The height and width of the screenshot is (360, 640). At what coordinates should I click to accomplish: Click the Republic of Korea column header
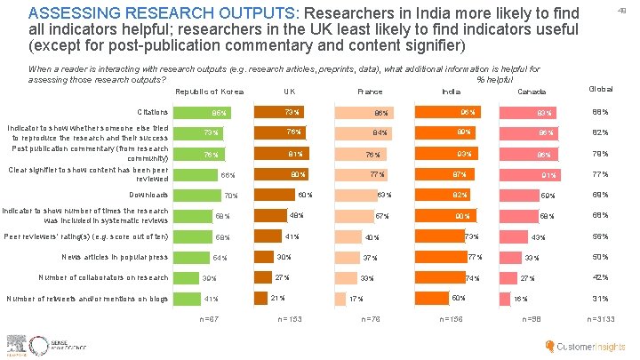pos(210,92)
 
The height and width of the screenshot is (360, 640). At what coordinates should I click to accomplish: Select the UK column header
pos(289,92)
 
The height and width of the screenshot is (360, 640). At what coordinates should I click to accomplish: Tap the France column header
pos(369,92)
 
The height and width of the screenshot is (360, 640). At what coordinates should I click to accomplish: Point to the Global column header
pos(600,89)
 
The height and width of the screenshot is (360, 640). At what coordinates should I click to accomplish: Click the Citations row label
pos(153,112)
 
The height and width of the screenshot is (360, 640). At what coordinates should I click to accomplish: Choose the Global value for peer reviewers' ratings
pos(601,236)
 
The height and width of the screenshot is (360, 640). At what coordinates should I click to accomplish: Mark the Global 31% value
pos(601,298)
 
